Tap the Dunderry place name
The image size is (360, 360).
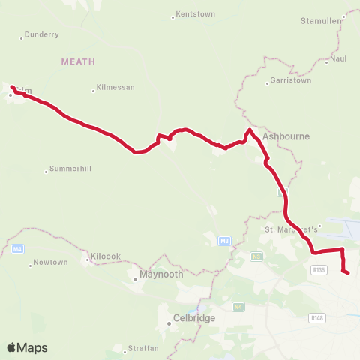click(41, 34)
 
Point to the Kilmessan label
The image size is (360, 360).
click(116, 88)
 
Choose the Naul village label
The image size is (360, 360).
click(340, 58)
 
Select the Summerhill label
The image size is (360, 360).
click(70, 169)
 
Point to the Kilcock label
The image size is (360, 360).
click(106, 256)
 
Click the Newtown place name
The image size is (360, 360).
click(52, 262)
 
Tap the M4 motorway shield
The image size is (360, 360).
click(18, 248)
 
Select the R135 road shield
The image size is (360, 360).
click(319, 270)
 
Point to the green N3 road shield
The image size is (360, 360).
click(256, 256)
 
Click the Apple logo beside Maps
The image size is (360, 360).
click(12, 347)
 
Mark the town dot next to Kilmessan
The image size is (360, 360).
click(94, 90)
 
